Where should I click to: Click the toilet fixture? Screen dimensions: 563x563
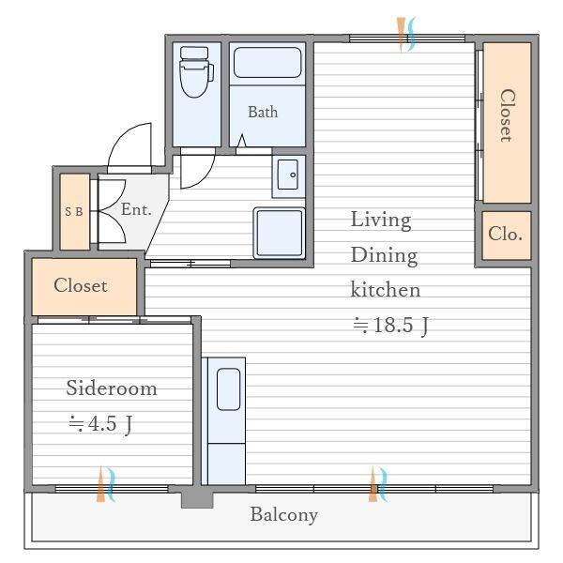click(x=196, y=72)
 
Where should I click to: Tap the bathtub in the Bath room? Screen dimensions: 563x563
click(x=267, y=63)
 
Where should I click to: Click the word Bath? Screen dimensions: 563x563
click(x=263, y=112)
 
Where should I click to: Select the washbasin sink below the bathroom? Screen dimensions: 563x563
click(x=288, y=175)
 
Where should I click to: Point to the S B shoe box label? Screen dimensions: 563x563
click(x=74, y=211)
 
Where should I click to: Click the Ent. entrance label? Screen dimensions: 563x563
click(x=136, y=209)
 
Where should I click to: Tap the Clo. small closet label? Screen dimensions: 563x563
click(x=505, y=234)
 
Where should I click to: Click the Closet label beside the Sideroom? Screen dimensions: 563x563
click(x=81, y=286)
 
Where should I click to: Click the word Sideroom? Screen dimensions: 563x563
click(x=112, y=388)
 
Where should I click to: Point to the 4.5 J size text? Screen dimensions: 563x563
click(x=101, y=424)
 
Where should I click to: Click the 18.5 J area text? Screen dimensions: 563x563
click(x=390, y=325)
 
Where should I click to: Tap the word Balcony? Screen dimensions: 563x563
click(x=284, y=515)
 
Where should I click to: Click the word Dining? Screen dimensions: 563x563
click(x=384, y=256)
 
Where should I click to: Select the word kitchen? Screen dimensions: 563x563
click(x=386, y=290)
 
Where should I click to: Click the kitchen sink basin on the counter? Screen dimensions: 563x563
click(x=229, y=388)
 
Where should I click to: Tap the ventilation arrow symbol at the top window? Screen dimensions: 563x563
click(x=406, y=35)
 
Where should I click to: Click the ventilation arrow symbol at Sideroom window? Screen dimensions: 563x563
click(x=106, y=484)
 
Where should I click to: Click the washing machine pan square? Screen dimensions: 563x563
click(x=279, y=233)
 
